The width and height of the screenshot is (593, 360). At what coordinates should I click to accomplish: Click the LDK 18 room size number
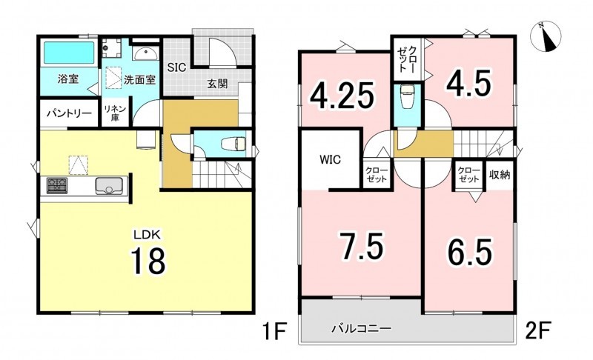148,261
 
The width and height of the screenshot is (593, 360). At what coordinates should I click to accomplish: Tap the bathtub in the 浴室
69,53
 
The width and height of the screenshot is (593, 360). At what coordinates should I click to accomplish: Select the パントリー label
69,113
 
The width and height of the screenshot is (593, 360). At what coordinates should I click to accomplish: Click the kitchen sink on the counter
109,185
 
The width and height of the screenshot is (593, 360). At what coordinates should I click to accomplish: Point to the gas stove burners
57,185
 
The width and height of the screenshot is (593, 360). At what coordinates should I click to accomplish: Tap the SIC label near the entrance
176,67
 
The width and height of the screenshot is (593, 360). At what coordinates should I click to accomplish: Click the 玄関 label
217,84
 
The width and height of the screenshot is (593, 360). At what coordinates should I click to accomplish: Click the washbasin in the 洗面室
145,53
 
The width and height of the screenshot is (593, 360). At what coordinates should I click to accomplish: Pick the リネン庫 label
115,113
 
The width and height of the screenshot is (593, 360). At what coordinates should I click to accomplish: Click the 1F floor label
274,331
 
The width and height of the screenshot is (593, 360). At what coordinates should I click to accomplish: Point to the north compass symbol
546,36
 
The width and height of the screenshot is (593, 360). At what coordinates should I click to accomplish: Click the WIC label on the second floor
330,160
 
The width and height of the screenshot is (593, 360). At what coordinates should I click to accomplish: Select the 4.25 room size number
342,96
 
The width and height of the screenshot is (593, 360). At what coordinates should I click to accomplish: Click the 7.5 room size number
361,246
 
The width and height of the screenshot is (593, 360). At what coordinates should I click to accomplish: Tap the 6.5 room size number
470,252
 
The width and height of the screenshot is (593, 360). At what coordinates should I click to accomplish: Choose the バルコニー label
361,328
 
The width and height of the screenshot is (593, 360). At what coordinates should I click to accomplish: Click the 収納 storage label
500,175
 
